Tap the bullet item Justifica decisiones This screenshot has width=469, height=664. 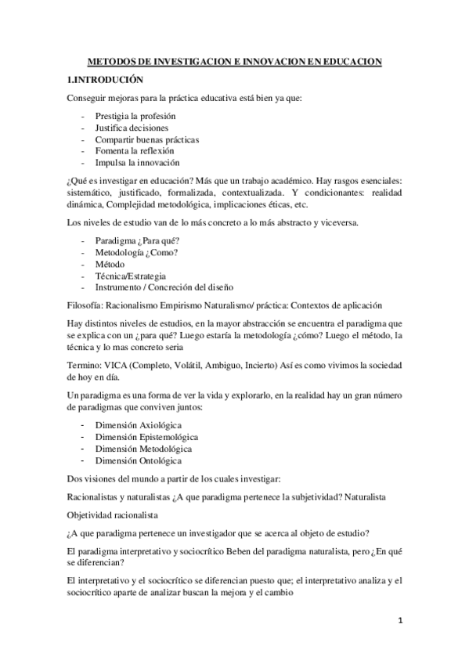click(132, 128)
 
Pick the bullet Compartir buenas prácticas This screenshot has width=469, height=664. click(146, 139)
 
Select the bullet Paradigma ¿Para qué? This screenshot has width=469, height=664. click(135, 240)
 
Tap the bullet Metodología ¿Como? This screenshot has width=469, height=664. click(137, 252)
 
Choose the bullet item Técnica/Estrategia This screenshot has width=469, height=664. click(131, 276)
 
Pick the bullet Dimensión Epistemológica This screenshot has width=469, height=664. click(146, 437)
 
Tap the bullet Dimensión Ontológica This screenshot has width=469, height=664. click(140, 460)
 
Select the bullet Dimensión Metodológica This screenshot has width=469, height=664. click(143, 449)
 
